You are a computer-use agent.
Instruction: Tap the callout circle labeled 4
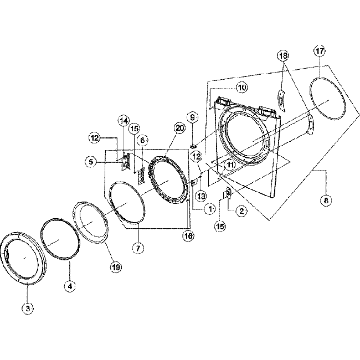pyautogui.click(x=69, y=286)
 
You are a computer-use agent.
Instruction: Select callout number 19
pyautogui.click(x=116, y=267)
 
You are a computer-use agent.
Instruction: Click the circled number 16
pyautogui.click(x=188, y=235)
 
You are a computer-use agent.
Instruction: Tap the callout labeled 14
pyautogui.click(x=124, y=121)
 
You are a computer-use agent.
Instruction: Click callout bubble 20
pyautogui.click(x=178, y=128)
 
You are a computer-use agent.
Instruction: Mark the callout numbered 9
pyautogui.click(x=193, y=117)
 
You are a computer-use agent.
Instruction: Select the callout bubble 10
pyautogui.click(x=241, y=88)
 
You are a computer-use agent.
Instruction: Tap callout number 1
pyautogui.click(x=209, y=209)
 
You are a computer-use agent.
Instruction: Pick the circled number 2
pyautogui.click(x=241, y=210)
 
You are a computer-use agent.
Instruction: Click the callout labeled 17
pyautogui.click(x=320, y=52)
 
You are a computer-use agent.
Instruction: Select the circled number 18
pyautogui.click(x=283, y=55)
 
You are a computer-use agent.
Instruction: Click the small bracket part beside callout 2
pyautogui.click(x=227, y=193)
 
